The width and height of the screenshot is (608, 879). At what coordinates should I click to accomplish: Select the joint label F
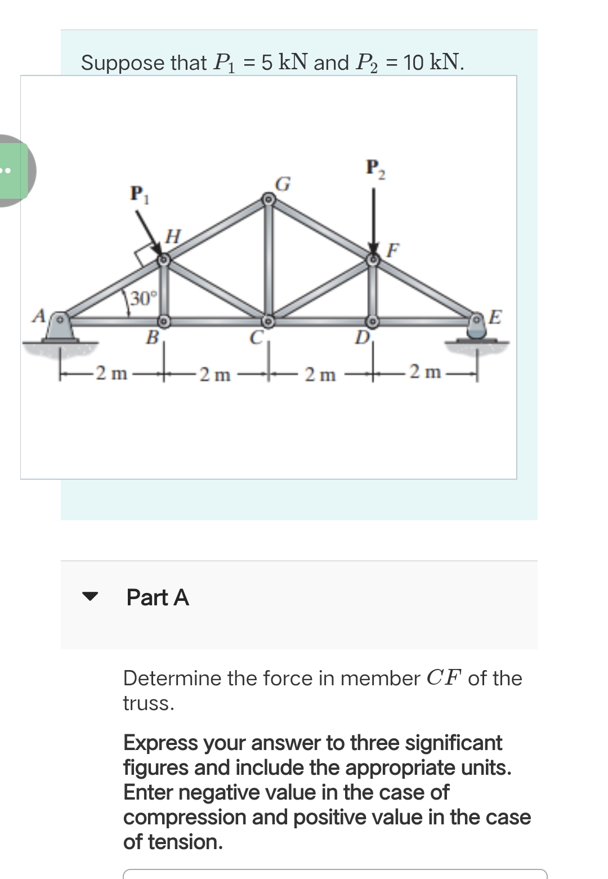point(394,249)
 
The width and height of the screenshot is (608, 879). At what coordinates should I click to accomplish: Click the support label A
point(39,315)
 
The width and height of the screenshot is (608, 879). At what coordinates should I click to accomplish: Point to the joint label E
point(495,316)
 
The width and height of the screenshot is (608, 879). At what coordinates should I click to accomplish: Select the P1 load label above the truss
point(137,194)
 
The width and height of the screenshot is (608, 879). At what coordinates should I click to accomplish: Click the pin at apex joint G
point(269,199)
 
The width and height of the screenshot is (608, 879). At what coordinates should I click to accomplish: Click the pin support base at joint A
point(60,332)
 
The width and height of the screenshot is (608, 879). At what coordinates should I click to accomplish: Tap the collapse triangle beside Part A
point(90,596)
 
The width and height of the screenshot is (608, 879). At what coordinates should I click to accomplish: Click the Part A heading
point(158,597)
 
